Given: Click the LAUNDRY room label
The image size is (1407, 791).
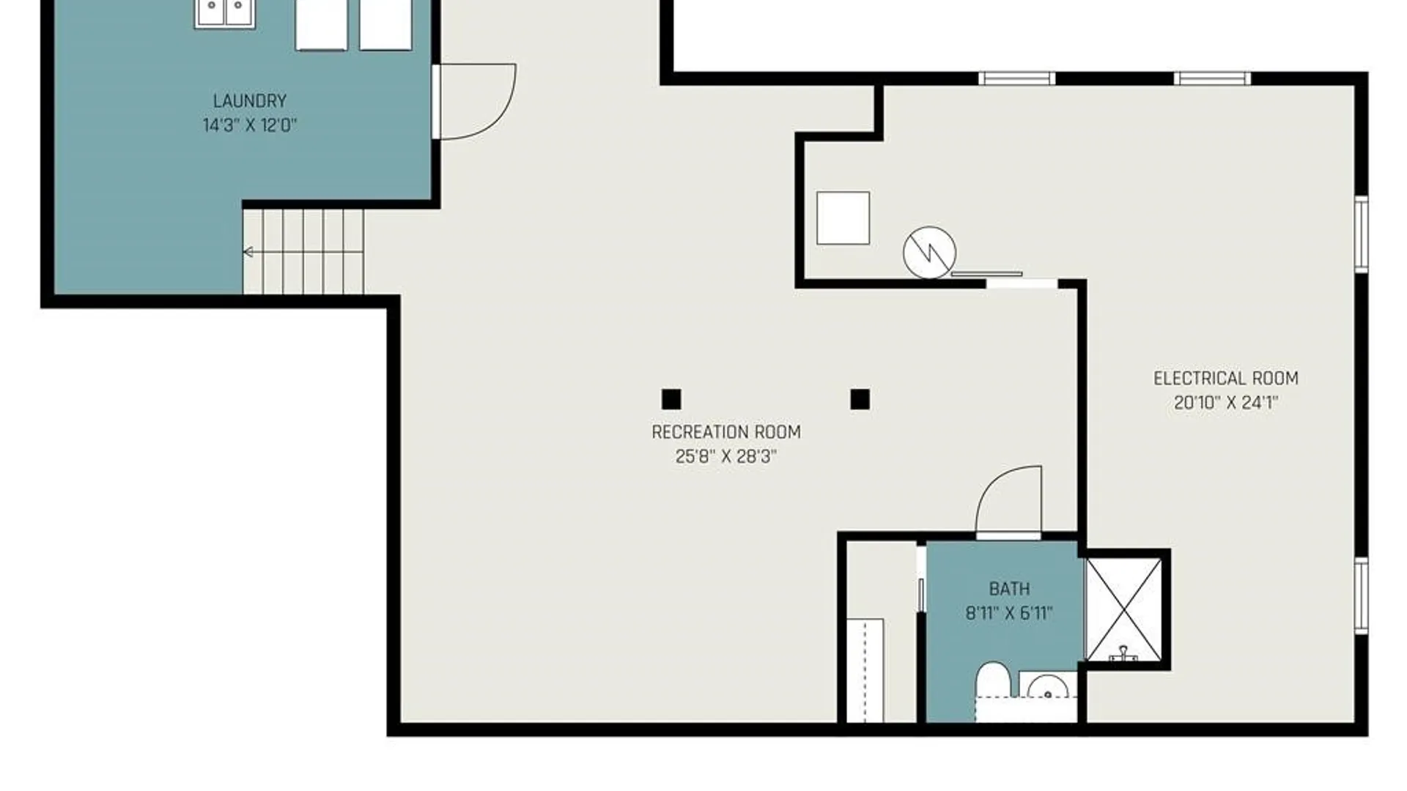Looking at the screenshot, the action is (249, 101).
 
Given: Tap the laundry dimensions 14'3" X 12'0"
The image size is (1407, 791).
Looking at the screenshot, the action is (249, 125).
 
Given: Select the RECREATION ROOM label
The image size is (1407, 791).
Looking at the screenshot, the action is (726, 432).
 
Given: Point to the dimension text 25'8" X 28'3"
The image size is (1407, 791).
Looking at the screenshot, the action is (726, 456).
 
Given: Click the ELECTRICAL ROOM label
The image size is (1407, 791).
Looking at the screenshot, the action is (1226, 379).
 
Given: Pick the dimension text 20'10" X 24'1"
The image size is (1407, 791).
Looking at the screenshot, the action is (1226, 403).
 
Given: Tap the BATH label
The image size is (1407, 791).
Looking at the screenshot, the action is (1009, 589).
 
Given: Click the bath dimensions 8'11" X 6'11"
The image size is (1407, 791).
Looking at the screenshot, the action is (1009, 613).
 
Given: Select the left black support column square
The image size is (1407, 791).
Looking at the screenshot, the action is (671, 399).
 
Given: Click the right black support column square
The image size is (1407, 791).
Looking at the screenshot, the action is (860, 399).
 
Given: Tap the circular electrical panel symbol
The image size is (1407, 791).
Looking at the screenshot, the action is (929, 253).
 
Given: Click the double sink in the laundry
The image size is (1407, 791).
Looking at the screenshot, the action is (225, 14).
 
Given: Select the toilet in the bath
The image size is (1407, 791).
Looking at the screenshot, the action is (993, 681).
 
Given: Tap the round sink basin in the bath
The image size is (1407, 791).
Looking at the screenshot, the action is (1047, 687).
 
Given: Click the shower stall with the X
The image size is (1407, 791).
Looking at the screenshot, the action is (1123, 609).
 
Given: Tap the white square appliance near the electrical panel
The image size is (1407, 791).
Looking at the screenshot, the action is (843, 218).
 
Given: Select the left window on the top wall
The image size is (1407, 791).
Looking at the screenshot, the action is (1016, 78).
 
